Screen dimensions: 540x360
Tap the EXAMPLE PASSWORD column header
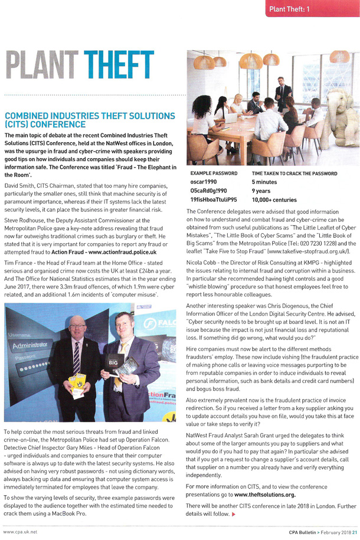click(214, 174)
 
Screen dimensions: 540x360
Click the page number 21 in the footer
click(352, 532)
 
